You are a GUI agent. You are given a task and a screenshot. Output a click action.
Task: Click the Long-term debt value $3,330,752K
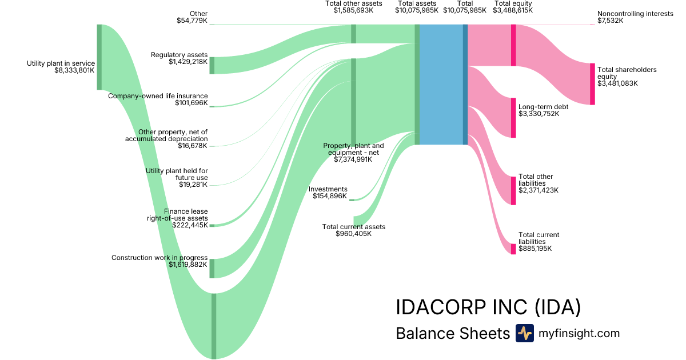(539, 114)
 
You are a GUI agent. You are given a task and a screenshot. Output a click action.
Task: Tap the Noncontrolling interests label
(635, 14)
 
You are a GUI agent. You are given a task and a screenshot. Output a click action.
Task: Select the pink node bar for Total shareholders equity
(592, 84)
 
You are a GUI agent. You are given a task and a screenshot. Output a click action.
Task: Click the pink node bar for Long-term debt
(513, 118)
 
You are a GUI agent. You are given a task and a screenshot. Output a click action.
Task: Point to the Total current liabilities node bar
(513, 249)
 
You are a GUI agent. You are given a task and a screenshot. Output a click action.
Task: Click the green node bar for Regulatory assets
(212, 65)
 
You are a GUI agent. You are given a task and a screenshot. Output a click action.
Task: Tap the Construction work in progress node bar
(212, 269)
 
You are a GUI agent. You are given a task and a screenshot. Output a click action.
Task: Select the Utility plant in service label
(61, 63)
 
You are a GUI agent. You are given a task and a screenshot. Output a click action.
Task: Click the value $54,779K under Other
(192, 21)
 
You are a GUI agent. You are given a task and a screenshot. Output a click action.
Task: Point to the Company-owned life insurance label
(158, 96)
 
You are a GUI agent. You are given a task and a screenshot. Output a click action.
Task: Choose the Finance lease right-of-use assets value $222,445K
(190, 225)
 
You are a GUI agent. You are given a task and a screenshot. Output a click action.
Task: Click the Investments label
(328, 189)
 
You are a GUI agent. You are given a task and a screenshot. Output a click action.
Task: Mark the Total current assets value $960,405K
(353, 234)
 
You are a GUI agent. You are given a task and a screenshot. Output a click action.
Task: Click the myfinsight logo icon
(524, 333)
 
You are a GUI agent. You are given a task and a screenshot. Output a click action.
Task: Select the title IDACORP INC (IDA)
(488, 307)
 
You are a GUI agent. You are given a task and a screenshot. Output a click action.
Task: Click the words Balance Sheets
(452, 334)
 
